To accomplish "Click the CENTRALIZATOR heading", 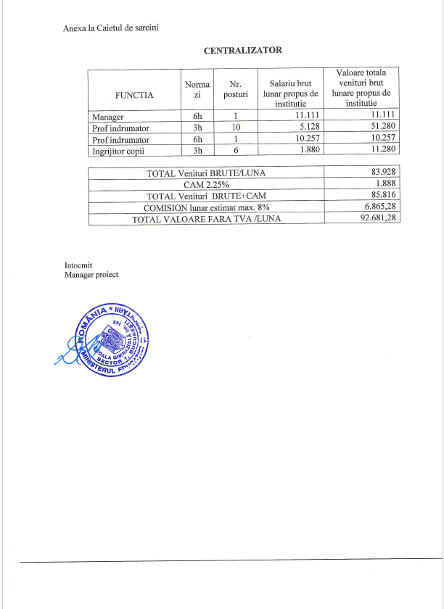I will (x=242, y=51).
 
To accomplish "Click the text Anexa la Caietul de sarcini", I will (x=111, y=28).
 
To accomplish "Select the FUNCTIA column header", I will (x=134, y=94).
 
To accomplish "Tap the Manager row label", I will (x=108, y=117).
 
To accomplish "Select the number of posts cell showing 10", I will (x=235, y=128).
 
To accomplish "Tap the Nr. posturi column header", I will (x=235, y=89).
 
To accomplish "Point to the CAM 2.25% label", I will (x=207, y=185).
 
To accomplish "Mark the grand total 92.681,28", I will (x=379, y=219).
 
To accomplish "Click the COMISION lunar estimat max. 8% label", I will (x=207, y=207).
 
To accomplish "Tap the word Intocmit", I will (x=78, y=265).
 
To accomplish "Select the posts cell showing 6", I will (x=235, y=151).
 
